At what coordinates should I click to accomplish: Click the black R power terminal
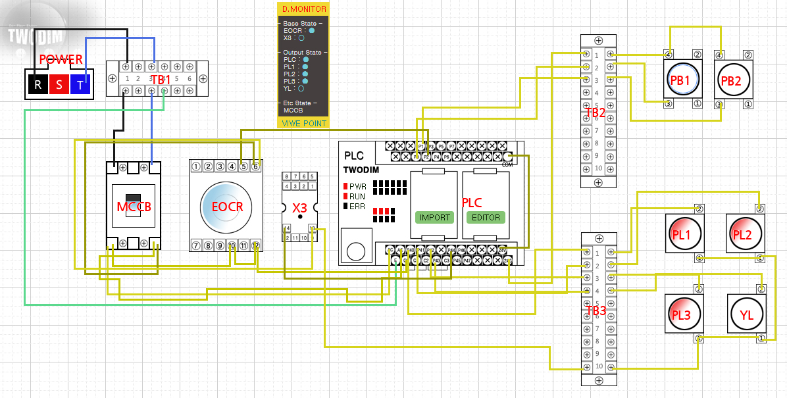[x=38, y=84]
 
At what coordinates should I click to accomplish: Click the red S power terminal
[x=59, y=84]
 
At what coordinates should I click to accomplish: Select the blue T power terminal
[x=80, y=84]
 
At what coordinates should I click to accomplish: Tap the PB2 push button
[x=731, y=80]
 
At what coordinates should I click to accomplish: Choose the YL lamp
[x=746, y=314]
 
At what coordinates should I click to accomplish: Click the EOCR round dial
[x=227, y=206]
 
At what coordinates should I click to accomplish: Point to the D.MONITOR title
[x=303, y=9]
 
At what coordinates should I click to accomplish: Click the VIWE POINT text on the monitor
[x=303, y=123]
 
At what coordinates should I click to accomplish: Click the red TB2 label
[x=596, y=112]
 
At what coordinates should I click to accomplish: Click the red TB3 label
[x=596, y=310]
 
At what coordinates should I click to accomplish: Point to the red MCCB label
[x=134, y=207]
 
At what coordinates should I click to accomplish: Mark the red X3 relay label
[x=299, y=207]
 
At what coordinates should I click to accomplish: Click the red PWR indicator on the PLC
[x=345, y=187]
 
